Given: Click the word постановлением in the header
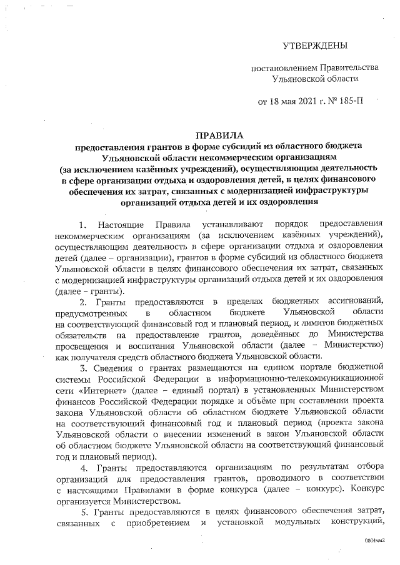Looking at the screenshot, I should coord(279,67).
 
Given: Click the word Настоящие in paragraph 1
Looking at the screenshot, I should coord(121,224).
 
